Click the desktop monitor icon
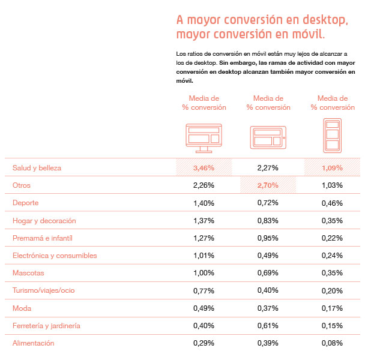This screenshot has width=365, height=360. tap(204, 137)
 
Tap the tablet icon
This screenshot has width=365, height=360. tap(268, 137)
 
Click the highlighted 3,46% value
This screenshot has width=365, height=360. tap(204, 168)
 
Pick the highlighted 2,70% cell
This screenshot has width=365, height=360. tap(268, 185)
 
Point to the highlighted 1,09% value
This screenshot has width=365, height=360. tap(332, 168)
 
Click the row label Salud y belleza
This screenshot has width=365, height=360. tap(37, 168)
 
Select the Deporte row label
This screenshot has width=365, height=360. tap(26, 203)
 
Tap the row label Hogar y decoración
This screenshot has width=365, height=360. tap(44, 221)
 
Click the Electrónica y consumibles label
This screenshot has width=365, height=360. tap(55, 256)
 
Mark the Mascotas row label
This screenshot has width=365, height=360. tap(29, 273)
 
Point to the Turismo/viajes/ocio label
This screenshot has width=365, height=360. tap(44, 291)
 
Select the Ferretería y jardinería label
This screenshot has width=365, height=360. tap(47, 326)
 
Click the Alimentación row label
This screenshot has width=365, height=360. tap(34, 343)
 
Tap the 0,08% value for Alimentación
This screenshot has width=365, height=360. tap(332, 343)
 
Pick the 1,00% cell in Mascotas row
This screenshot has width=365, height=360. tap(204, 273)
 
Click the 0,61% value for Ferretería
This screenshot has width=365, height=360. tap(268, 326)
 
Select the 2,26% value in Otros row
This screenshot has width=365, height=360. tap(204, 185)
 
